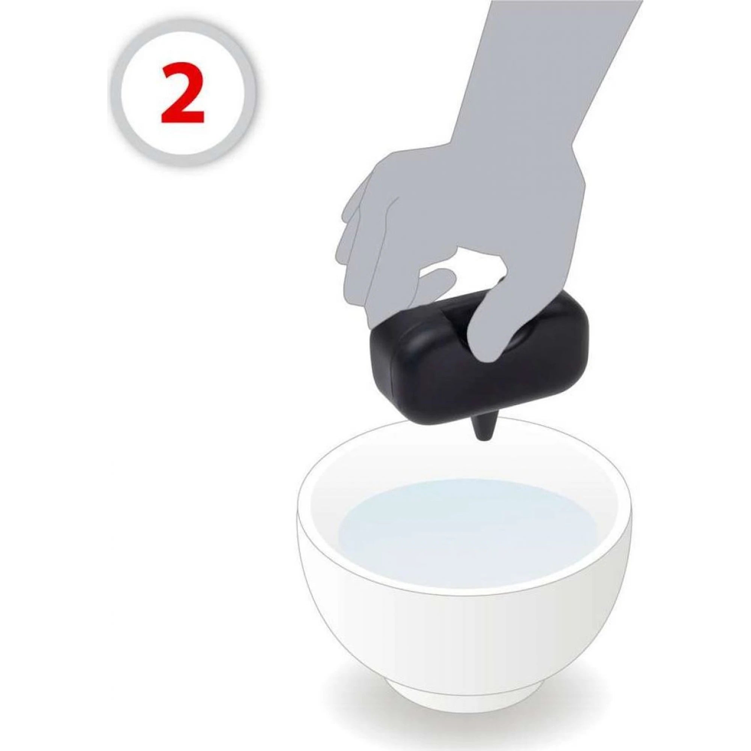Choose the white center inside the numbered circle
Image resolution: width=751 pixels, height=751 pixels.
[x=183, y=93]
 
